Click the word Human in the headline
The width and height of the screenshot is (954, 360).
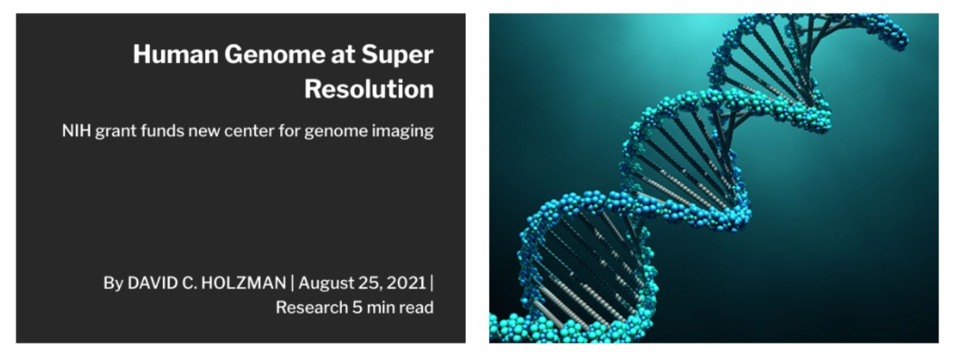[176, 54]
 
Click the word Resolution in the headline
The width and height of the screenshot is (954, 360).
[369, 89]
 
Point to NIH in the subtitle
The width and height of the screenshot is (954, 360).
[77, 131]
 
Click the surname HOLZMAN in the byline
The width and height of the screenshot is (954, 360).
[244, 283]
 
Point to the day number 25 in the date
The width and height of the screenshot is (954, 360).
[369, 283]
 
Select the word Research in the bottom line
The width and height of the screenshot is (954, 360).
[312, 307]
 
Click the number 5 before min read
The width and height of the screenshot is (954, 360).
[357, 307]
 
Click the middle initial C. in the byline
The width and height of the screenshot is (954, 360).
[189, 283]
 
